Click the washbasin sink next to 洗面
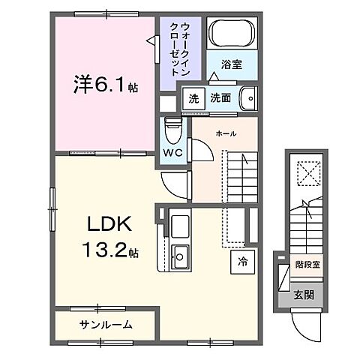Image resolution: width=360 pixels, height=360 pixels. coord(247,97)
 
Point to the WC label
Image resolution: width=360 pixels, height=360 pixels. coord(173,152)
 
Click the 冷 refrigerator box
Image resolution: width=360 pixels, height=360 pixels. coord(242,262)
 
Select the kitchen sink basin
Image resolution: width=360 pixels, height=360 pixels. coord(180,256)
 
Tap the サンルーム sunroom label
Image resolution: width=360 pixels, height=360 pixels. coord(105,325)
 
